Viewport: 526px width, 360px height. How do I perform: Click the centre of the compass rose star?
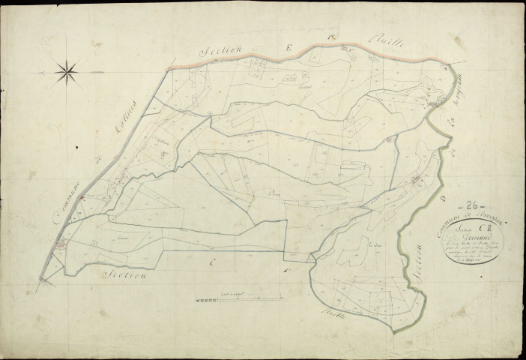click(68, 72)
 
